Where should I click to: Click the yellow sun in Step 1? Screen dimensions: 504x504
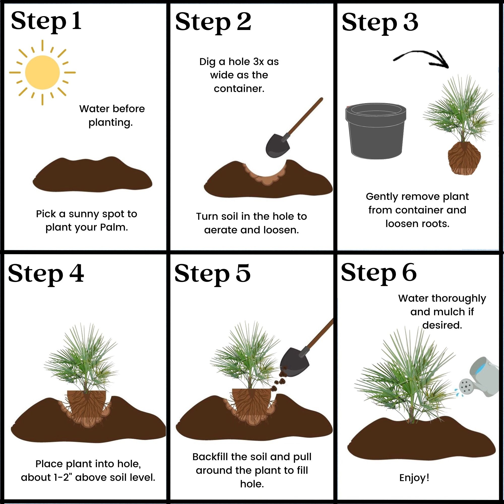(x=43, y=73)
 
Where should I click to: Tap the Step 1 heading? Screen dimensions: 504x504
(x=46, y=21)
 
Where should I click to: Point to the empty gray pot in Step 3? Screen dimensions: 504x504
(x=376, y=131)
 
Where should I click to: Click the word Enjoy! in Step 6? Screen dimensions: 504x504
(x=414, y=478)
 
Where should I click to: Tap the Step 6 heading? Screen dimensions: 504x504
(x=379, y=273)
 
